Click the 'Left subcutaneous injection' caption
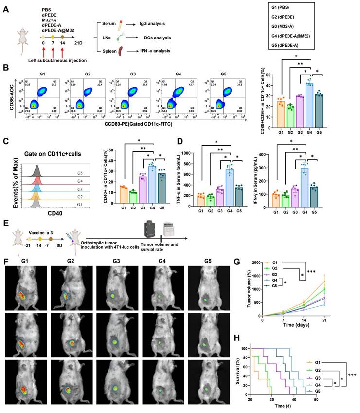pos(57,60)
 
